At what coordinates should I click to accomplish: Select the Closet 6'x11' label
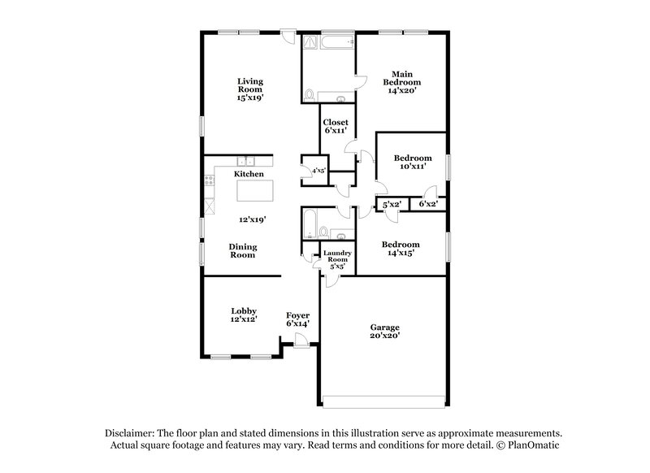tap(336, 127)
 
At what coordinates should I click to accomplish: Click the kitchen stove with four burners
tap(210, 180)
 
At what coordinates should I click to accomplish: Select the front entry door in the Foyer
tap(301, 345)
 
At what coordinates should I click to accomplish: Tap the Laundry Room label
tap(336, 258)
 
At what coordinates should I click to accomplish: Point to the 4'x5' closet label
tap(318, 171)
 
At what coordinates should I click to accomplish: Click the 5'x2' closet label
tap(392, 206)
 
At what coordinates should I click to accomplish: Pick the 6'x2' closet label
tap(427, 206)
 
